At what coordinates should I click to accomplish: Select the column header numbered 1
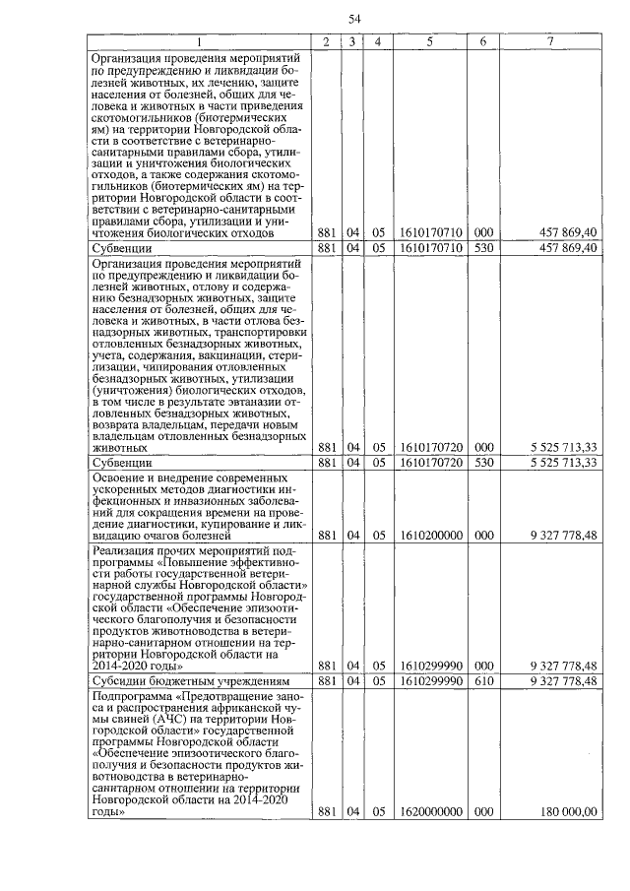[x=201, y=41]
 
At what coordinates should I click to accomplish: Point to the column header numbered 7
[x=551, y=41]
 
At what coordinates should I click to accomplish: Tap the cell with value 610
[x=482, y=680]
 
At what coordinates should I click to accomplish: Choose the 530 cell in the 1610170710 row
[x=482, y=247]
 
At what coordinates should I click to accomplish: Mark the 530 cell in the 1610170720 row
[x=482, y=461]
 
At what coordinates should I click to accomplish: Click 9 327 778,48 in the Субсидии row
[x=563, y=680]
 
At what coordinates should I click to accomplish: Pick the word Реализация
[x=126, y=551]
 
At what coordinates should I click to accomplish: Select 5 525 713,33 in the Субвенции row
[x=563, y=461]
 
